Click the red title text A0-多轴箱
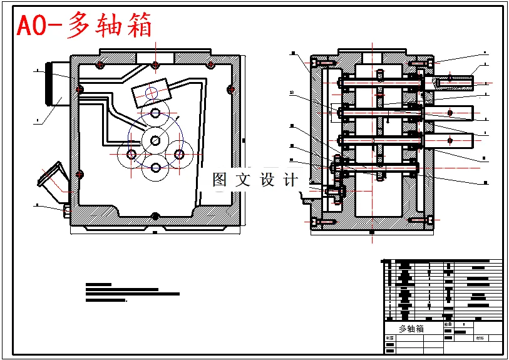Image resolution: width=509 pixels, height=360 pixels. (84, 26)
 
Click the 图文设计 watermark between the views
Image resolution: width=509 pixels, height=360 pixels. (255, 180)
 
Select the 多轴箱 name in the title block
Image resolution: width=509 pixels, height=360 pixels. (411, 329)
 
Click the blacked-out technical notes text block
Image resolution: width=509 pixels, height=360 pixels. (131, 292)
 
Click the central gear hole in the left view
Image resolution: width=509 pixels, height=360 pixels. (155, 139)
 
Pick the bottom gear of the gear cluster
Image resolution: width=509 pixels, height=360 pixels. (155, 168)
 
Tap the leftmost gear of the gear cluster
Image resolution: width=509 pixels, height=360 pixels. (131, 153)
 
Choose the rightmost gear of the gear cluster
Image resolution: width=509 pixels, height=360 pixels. (179, 153)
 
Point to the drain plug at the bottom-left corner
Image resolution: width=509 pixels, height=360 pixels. (67, 210)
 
